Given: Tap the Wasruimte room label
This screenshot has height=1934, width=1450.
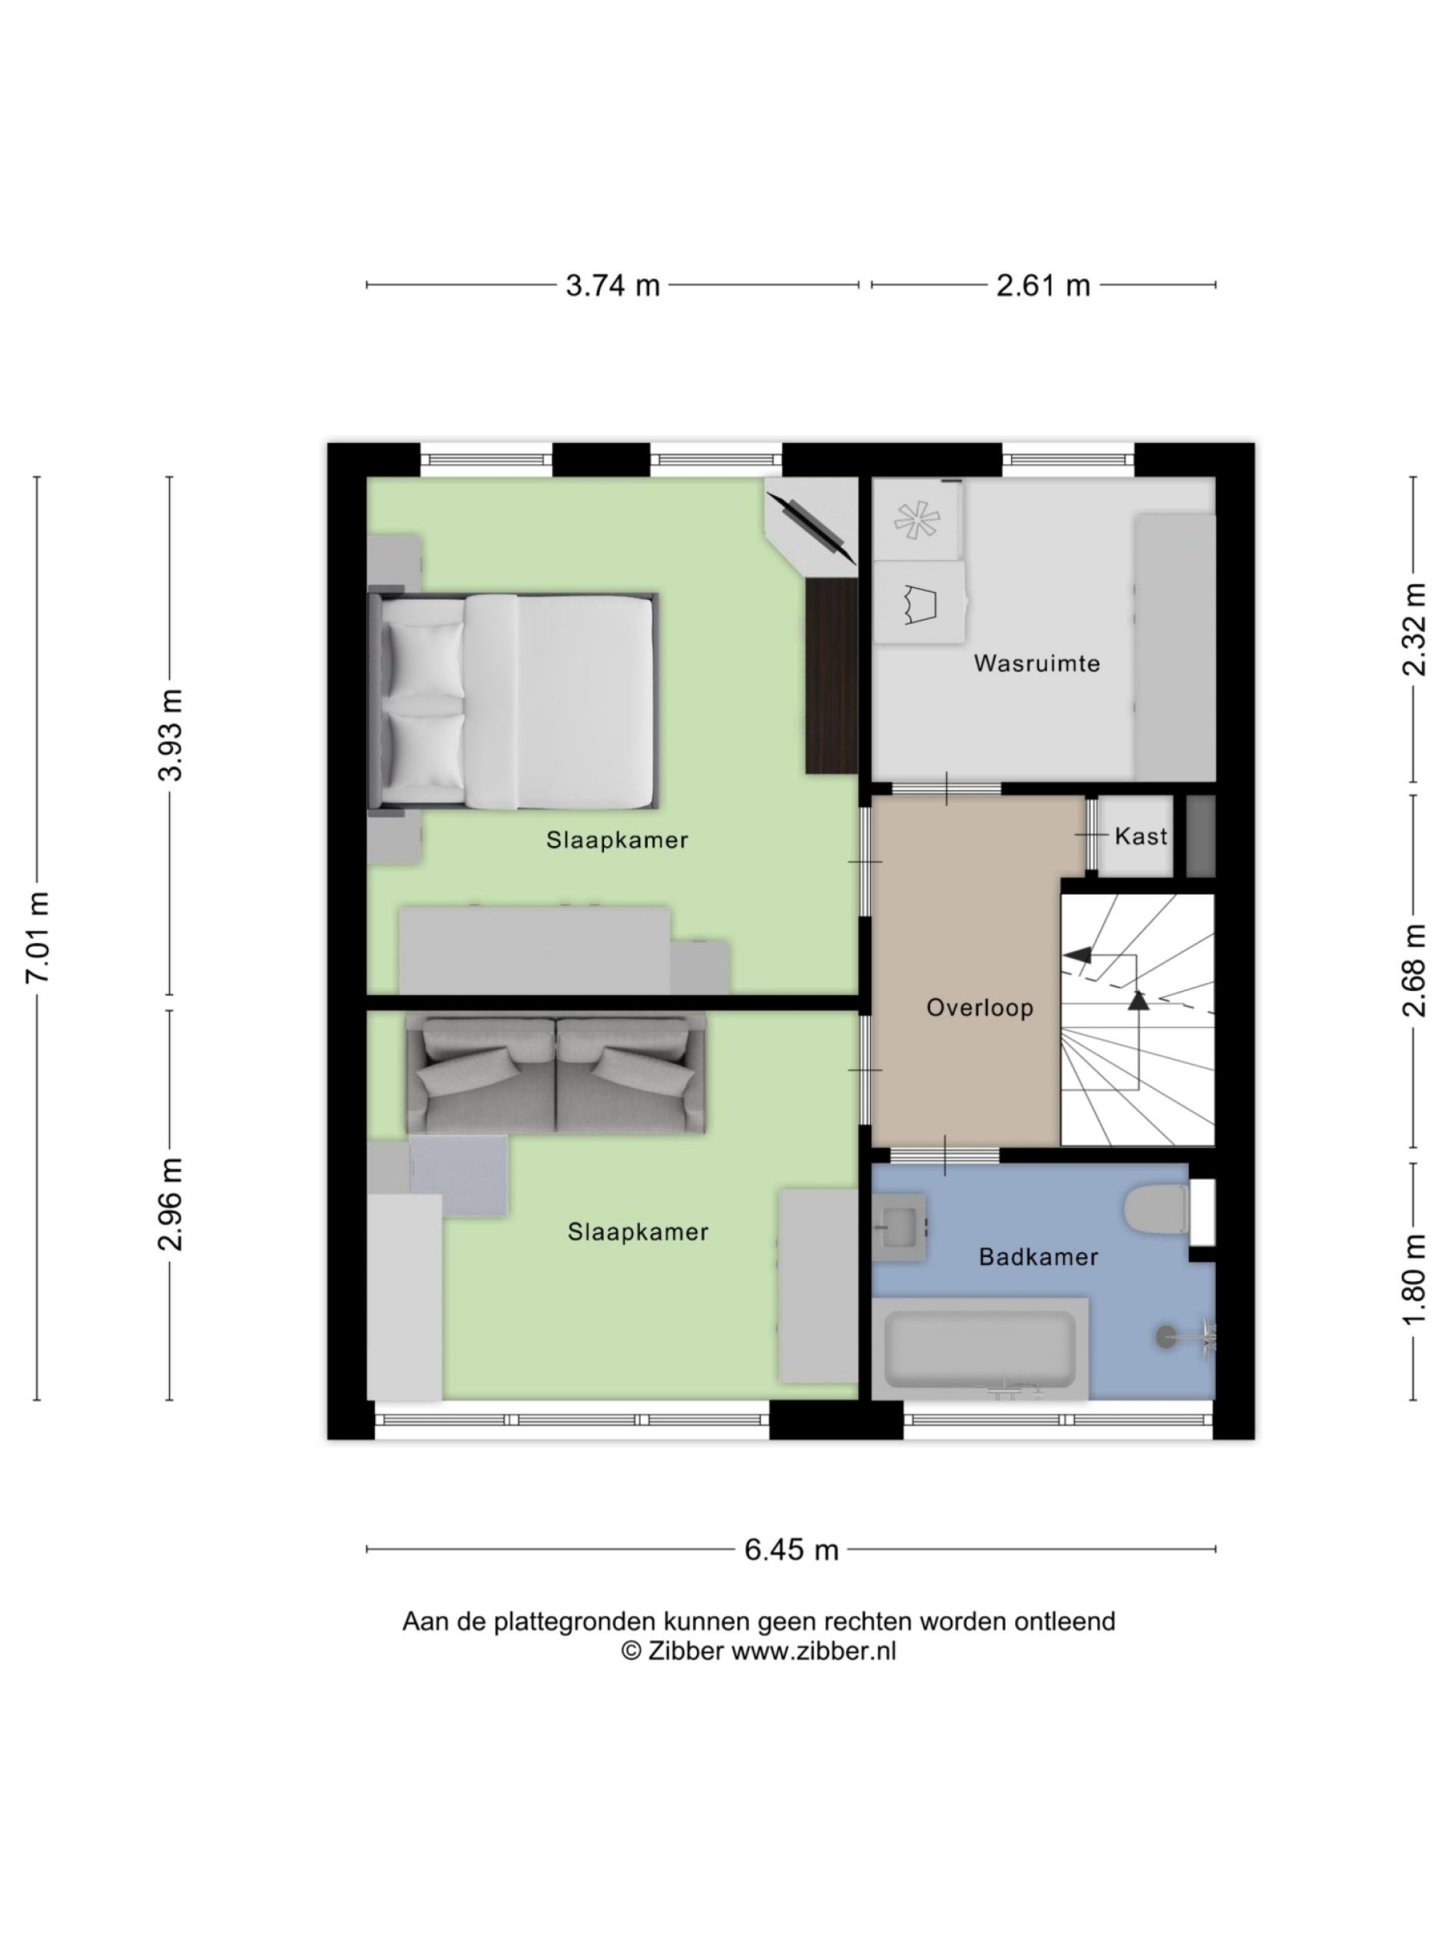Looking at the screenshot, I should pos(1036,664).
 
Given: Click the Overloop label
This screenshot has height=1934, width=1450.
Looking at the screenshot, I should pos(979,1008).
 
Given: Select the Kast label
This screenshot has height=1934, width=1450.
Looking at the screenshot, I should pos(1141,837).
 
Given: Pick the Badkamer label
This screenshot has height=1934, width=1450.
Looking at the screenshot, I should pos(1038,1257).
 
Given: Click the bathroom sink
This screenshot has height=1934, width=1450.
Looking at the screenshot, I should pos(899,1227).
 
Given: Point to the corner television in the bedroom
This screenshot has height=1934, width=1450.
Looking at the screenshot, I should pos(809,526).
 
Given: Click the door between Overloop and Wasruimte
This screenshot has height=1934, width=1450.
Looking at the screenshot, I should pos(945,788).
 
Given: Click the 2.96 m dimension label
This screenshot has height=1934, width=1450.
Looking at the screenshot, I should pos(172,1203).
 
